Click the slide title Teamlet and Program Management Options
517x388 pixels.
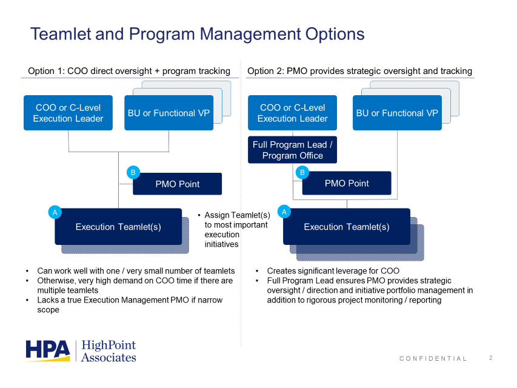pyautogui.click(x=197, y=34)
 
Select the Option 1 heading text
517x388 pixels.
pyautogui.click(x=129, y=71)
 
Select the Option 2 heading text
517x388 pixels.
pyautogui.click(x=360, y=71)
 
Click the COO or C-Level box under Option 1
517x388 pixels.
pyautogui.click(x=68, y=113)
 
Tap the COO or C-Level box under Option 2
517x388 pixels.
pyautogui.click(x=293, y=113)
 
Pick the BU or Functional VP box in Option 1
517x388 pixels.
pyautogui.click(x=169, y=113)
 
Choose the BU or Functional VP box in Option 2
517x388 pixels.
pyautogui.click(x=397, y=113)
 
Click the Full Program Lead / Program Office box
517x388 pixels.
pyautogui.click(x=293, y=150)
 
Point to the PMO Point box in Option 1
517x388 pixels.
pyautogui.click(x=178, y=184)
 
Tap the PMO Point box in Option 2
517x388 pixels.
pyautogui.click(x=347, y=183)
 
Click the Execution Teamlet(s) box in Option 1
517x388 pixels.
pyautogui.click(x=118, y=227)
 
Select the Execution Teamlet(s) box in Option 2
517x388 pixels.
pyautogui.click(x=347, y=227)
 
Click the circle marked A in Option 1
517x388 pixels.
pyautogui.click(x=55, y=212)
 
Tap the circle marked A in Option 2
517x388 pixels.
pyautogui.click(x=284, y=212)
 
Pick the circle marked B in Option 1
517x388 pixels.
pyautogui.click(x=133, y=172)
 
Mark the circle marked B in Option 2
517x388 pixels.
pyautogui.click(x=302, y=172)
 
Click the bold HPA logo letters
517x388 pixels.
pyautogui.click(x=48, y=350)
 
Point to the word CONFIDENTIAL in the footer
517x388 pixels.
pyautogui.click(x=433, y=359)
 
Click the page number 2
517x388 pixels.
pyautogui.click(x=491, y=358)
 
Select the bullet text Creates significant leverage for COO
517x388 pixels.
pyautogui.click(x=333, y=271)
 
